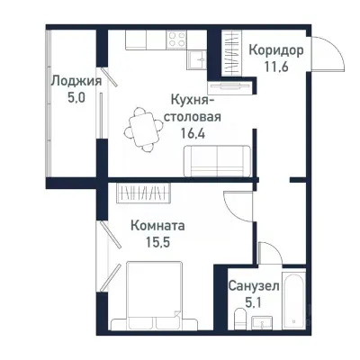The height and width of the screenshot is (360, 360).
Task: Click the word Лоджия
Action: click(76, 80)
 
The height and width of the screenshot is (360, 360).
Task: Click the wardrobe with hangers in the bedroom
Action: click(142, 193)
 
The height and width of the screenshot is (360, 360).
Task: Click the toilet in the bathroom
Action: click(238, 319)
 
